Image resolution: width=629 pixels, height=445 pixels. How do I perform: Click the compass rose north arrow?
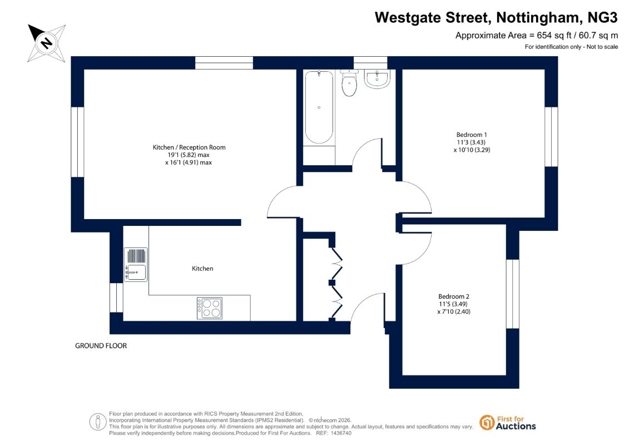click(x=46, y=43)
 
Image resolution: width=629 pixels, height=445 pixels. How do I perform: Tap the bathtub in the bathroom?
click(x=319, y=107)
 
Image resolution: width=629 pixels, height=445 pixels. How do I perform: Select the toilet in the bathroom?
click(x=349, y=83)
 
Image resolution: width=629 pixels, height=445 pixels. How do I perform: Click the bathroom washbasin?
click(x=377, y=78)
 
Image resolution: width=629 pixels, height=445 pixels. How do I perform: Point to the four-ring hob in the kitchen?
click(x=210, y=308)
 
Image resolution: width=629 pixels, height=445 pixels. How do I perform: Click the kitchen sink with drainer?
click(x=136, y=264)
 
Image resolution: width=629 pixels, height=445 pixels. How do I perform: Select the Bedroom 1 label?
click(x=472, y=135)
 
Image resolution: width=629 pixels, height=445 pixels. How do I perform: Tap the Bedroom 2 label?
click(x=454, y=296)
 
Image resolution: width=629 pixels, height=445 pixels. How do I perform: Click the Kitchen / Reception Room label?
click(x=189, y=147)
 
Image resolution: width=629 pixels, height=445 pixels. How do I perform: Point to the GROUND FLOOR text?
click(x=101, y=346)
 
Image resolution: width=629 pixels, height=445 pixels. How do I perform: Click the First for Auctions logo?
click(x=508, y=423)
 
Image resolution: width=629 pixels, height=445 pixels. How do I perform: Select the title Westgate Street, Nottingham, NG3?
click(x=496, y=18)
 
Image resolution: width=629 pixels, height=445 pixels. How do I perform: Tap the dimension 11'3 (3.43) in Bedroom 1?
click(x=472, y=142)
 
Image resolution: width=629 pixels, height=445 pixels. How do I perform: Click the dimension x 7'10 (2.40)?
click(x=454, y=312)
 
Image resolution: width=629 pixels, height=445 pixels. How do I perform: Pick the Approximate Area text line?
click(x=537, y=35)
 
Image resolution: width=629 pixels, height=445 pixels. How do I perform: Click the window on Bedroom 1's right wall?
click(x=551, y=136)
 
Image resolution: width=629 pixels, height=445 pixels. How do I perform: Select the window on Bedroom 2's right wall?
click(x=513, y=294)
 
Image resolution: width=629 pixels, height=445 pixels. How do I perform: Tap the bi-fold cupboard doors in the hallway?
click(x=336, y=283)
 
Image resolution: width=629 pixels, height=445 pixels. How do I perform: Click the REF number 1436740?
click(x=339, y=433)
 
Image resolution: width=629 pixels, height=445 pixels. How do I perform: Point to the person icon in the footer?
click(x=97, y=422)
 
